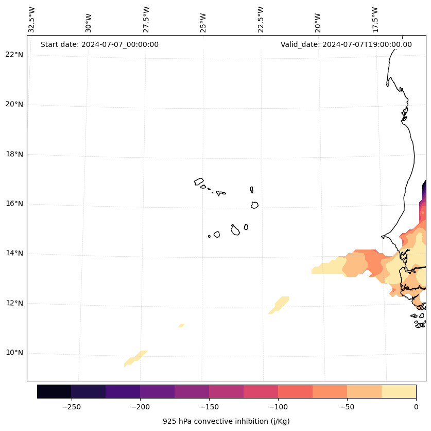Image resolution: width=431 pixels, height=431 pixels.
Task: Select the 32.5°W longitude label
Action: (32, 20)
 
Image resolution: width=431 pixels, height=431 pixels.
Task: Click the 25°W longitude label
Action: (203, 23)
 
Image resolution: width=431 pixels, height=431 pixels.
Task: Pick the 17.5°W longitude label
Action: (375, 20)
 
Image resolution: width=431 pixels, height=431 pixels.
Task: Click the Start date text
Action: (99, 44)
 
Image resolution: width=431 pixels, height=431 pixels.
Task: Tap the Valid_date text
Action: (346, 44)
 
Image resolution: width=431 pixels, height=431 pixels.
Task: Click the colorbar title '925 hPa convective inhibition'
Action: (226, 421)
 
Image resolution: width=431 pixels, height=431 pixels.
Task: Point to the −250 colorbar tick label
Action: (71, 407)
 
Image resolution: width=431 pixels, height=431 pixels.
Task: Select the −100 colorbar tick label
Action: (278, 407)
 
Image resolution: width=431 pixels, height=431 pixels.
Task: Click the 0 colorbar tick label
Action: (416, 407)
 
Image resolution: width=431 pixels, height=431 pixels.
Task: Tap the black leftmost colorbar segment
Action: (54, 391)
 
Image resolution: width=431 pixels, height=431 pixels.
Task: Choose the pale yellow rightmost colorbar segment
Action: (399, 391)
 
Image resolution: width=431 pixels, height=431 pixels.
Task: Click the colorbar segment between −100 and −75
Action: (295, 391)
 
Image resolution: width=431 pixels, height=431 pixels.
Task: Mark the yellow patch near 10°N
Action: (135, 357)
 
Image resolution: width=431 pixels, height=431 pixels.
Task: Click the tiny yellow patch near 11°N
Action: (181, 325)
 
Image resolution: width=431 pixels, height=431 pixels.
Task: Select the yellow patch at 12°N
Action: (280, 304)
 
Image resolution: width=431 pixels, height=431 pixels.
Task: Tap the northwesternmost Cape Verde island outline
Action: (199, 181)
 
